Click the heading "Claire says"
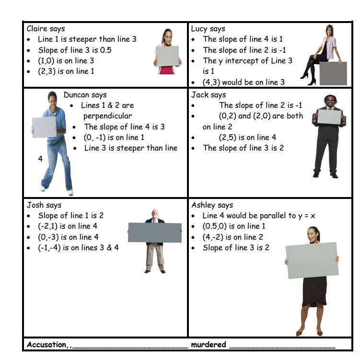pyautogui.click(x=46, y=29)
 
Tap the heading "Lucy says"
pyautogui.click(x=208, y=29)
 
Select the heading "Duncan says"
pyautogui.click(x=85, y=95)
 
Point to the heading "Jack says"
pyautogui.click(x=209, y=95)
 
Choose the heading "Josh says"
pyautogui.click(x=44, y=205)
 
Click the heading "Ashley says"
pyautogui.click(x=212, y=205)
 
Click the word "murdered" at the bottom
pyautogui.click(x=209, y=344)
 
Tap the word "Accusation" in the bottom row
pyautogui.click(x=46, y=345)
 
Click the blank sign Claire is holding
pyautogui.click(x=167, y=56)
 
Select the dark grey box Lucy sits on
pyautogui.click(x=333, y=73)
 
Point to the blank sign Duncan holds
pyautogui.click(x=44, y=127)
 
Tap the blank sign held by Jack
pyautogui.click(x=329, y=117)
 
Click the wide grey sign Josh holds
pyautogui.click(x=155, y=233)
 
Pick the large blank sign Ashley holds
pyautogui.click(x=312, y=260)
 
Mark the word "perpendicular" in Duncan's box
pyautogui.click(x=108, y=116)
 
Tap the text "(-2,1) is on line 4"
pyautogui.click(x=68, y=226)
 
